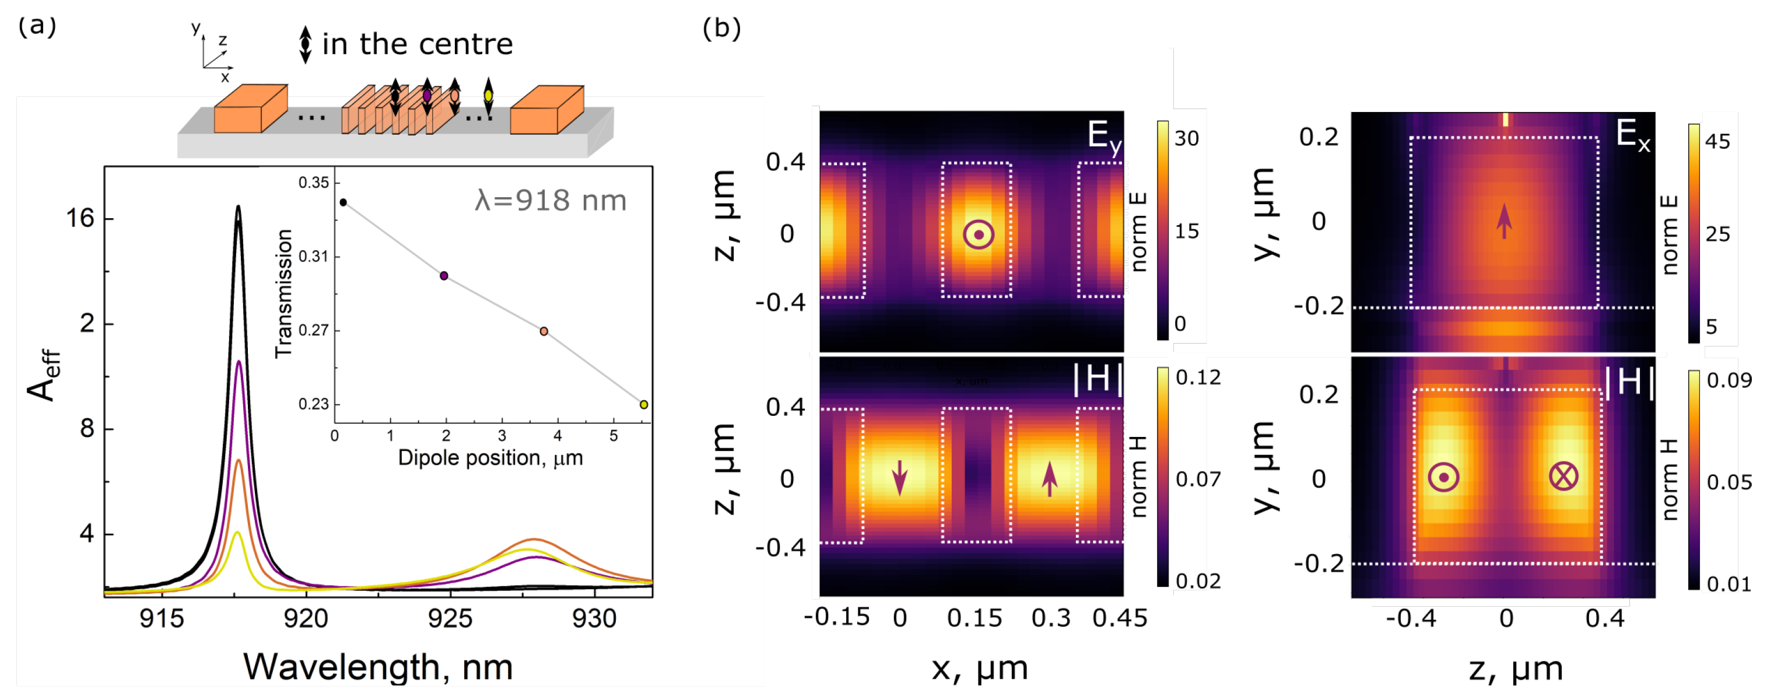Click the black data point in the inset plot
[x=343, y=202]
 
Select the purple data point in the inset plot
[x=444, y=276]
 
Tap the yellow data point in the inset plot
[x=643, y=405]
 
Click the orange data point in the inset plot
[x=544, y=331]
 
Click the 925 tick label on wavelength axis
[x=450, y=619]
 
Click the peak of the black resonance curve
[x=238, y=206]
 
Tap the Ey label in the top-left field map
[x=1104, y=136]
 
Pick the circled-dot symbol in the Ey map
[x=978, y=235]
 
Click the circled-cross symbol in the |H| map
[x=1563, y=476]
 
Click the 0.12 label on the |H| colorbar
[x=1198, y=377]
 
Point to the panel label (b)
[x=721, y=28]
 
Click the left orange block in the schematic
[x=250, y=110]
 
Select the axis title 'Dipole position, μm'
[x=490, y=458]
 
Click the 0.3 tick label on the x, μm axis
[x=1050, y=619]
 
